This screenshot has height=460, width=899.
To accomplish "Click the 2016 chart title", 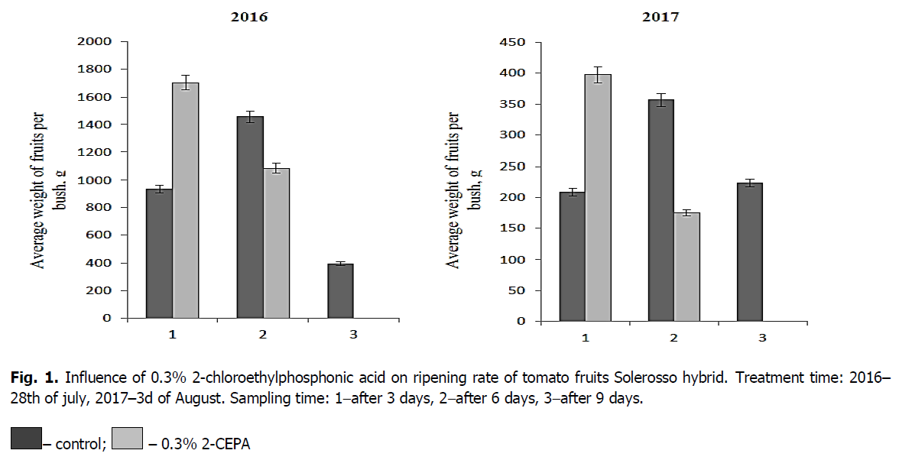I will [250, 16].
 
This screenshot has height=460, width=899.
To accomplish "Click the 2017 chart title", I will [663, 16].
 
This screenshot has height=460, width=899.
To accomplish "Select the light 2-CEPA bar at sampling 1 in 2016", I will [185, 200].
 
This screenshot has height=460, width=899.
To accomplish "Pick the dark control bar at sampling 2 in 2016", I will [250, 217].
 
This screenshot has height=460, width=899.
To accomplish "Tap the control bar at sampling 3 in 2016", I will [340, 291].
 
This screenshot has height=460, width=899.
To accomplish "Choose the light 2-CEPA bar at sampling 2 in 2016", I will [277, 243].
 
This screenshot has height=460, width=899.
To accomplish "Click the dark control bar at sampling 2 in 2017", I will [661, 210].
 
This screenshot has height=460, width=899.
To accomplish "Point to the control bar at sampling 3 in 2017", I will [749, 252].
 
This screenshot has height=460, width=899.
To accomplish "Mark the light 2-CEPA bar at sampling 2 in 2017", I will [687, 267].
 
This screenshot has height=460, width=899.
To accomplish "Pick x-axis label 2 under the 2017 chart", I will [674, 338].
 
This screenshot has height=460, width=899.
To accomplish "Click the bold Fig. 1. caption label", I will [34, 377].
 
